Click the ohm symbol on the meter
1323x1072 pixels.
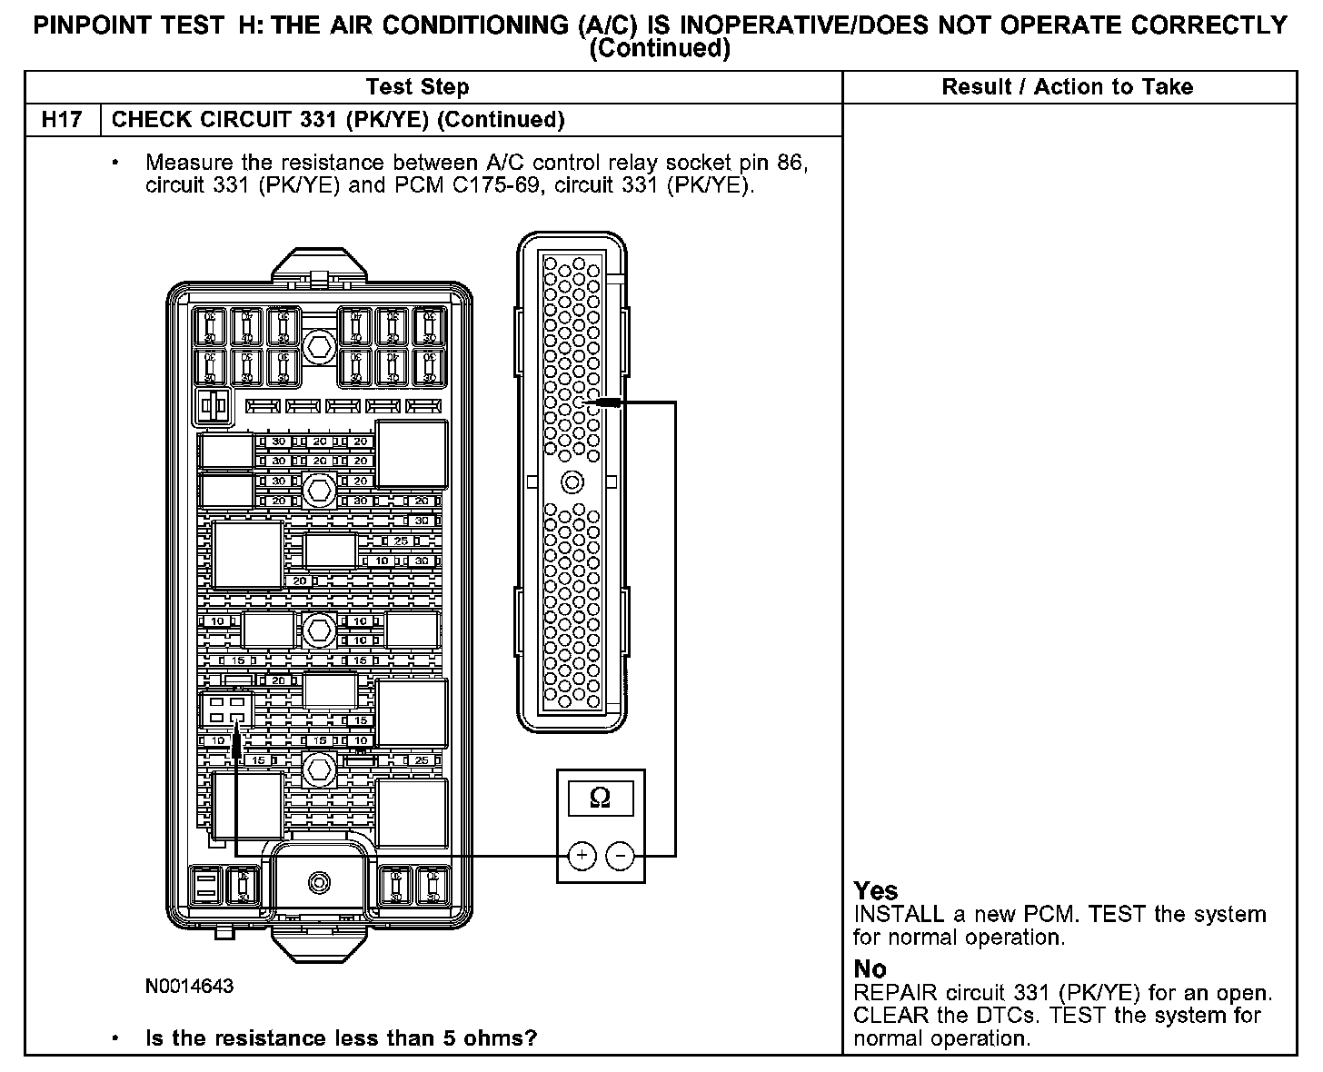(600, 798)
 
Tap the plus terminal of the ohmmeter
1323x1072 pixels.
(582, 855)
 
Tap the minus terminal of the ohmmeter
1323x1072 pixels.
(620, 855)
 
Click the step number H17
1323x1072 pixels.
(62, 120)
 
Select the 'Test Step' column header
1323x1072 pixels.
(417, 87)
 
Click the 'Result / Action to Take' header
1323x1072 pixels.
(1067, 87)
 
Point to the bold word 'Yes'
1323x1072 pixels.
(876, 891)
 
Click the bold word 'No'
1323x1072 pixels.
(870, 968)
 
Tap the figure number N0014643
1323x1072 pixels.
(189, 986)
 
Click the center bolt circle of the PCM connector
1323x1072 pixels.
(572, 481)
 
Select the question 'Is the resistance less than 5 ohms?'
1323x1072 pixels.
(341, 1037)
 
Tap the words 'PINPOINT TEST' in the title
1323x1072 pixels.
(128, 25)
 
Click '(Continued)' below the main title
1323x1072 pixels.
(660, 49)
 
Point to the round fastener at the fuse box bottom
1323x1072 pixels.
(319, 881)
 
